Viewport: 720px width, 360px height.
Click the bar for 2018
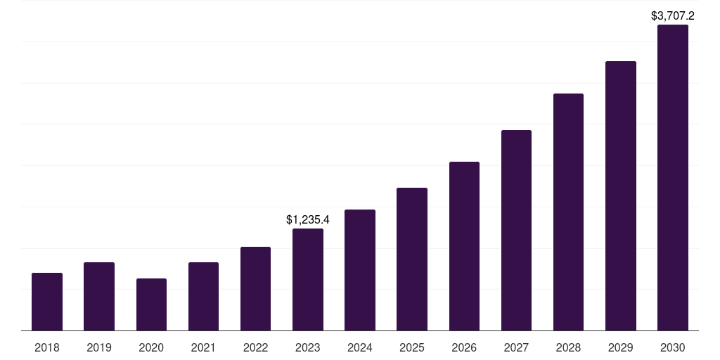[x=47, y=302]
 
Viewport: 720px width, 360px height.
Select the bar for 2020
[x=151, y=304]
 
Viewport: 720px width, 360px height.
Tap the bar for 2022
[x=255, y=288]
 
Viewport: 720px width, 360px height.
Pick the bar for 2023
[x=308, y=279]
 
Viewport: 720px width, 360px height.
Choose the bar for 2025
[x=412, y=259]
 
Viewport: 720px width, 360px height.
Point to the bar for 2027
[x=516, y=230]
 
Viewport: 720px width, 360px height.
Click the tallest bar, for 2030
[x=673, y=177]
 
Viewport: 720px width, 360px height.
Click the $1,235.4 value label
[x=308, y=219]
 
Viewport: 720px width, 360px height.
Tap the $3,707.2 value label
[x=673, y=15]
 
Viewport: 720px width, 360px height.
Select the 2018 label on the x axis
[x=47, y=347]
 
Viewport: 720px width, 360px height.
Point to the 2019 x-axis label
[x=99, y=347]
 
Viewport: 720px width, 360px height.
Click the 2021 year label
[x=203, y=347]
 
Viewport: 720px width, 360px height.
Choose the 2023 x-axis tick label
[x=308, y=347]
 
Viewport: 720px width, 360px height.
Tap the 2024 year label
[x=360, y=347]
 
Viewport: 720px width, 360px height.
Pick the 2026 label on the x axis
[x=464, y=347]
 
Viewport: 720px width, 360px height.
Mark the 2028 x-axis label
[x=568, y=347]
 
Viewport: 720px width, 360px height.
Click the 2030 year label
[x=673, y=347]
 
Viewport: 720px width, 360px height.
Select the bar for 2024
[x=360, y=270]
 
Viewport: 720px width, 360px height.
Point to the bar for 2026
[x=464, y=246]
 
